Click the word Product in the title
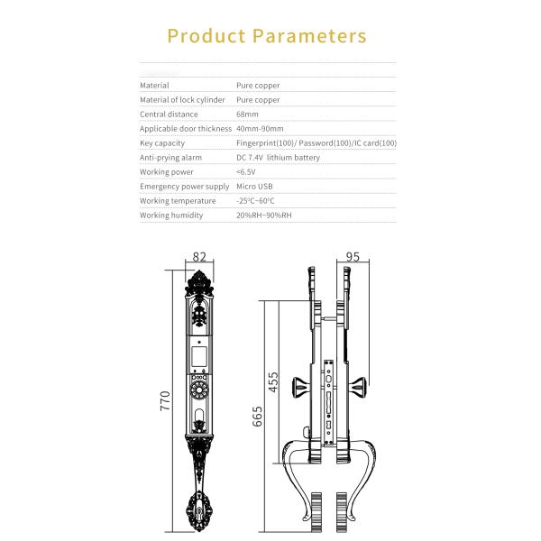[206, 36]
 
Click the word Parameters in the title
[309, 36]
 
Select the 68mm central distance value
[247, 115]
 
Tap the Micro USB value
[254, 187]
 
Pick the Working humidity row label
[171, 215]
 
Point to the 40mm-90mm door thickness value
[260, 129]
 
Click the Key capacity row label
[162, 143]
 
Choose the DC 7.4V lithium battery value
[278, 158]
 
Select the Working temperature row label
[178, 201]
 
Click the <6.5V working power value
[245, 172]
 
